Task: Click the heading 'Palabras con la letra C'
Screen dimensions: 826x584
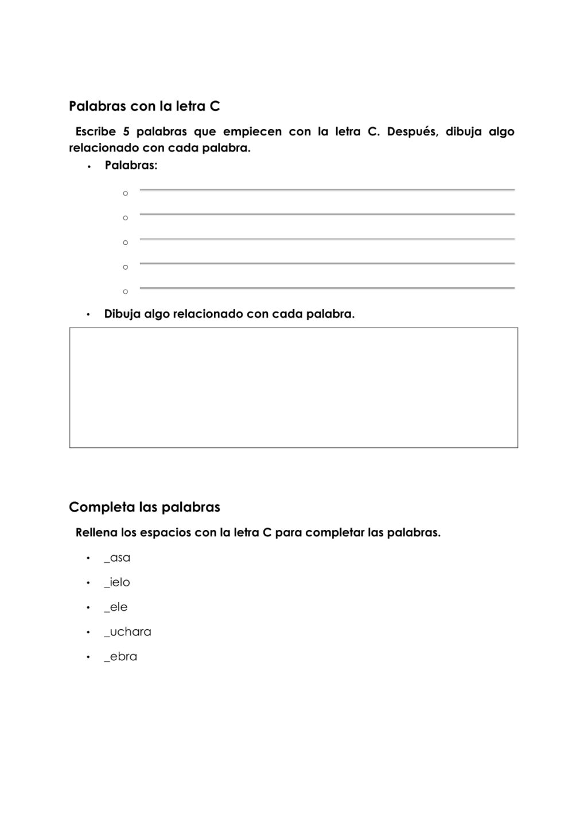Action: pyautogui.click(x=145, y=107)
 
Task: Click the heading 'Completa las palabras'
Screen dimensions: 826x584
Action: pyautogui.click(x=145, y=507)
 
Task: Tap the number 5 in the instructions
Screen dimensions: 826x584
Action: pyautogui.click(x=126, y=132)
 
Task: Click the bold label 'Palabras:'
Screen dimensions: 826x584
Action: pyautogui.click(x=131, y=165)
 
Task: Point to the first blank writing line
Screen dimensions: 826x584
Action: pyautogui.click(x=327, y=189)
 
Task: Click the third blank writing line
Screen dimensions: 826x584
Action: pyautogui.click(x=327, y=239)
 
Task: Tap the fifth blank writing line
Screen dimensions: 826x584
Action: pyautogui.click(x=327, y=288)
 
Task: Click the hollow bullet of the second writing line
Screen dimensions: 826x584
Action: pyautogui.click(x=126, y=218)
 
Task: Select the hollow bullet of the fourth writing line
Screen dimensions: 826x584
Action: pyautogui.click(x=126, y=267)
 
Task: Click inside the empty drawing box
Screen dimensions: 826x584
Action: pyautogui.click(x=293, y=388)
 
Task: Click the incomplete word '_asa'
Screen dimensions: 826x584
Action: pyautogui.click(x=117, y=558)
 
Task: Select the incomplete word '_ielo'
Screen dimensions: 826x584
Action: pyautogui.click(x=117, y=582)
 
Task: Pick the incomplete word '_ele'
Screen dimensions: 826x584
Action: pyautogui.click(x=116, y=607)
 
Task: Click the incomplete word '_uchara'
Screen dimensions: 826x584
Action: pyautogui.click(x=127, y=632)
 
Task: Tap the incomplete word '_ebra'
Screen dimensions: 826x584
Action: pyautogui.click(x=120, y=656)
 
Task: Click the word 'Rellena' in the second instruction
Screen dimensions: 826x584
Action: pyautogui.click(x=96, y=532)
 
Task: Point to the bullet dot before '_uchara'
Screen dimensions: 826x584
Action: pyautogui.click(x=88, y=632)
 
